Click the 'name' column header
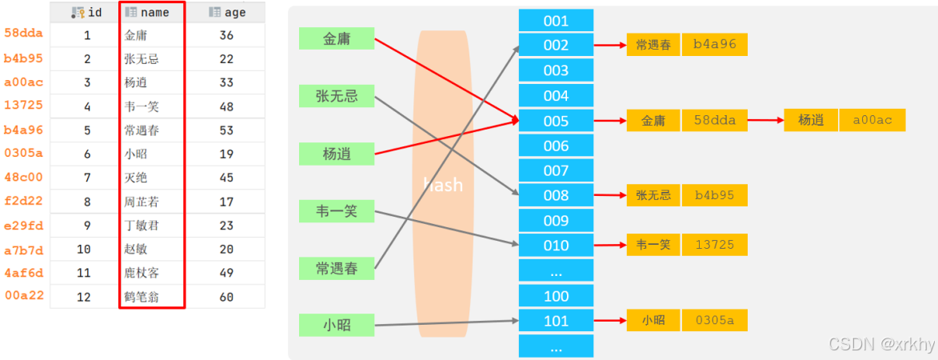[x=154, y=13]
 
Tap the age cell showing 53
[x=226, y=130]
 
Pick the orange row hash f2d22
[x=23, y=202]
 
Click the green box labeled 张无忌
[x=337, y=97]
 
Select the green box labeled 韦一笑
[x=337, y=212]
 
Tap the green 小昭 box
[x=337, y=325]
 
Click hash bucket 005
[x=556, y=121]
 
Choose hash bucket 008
[x=556, y=195]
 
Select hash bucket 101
[x=556, y=321]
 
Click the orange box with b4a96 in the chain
[x=715, y=45]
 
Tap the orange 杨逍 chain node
[x=811, y=121]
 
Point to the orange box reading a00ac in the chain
[x=872, y=121]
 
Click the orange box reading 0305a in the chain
[x=715, y=321]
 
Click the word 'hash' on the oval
[x=443, y=185]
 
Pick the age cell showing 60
[x=226, y=297]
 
